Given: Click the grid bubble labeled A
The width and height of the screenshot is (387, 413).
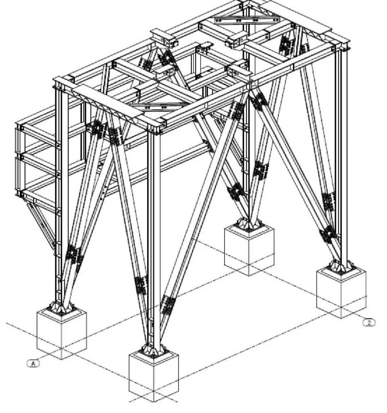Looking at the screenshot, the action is pyautogui.click(x=33, y=363).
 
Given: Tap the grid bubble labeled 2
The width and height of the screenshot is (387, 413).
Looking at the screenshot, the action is pyautogui.click(x=369, y=322).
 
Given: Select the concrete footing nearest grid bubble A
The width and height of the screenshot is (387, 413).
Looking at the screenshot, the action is pyautogui.click(x=62, y=334).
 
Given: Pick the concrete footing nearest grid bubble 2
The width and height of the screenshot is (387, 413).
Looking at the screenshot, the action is pyautogui.click(x=341, y=293).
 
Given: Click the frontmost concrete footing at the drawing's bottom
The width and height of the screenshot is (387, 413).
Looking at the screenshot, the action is pyautogui.click(x=154, y=377).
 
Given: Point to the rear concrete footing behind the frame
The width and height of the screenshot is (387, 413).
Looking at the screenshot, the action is pyautogui.click(x=249, y=250).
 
